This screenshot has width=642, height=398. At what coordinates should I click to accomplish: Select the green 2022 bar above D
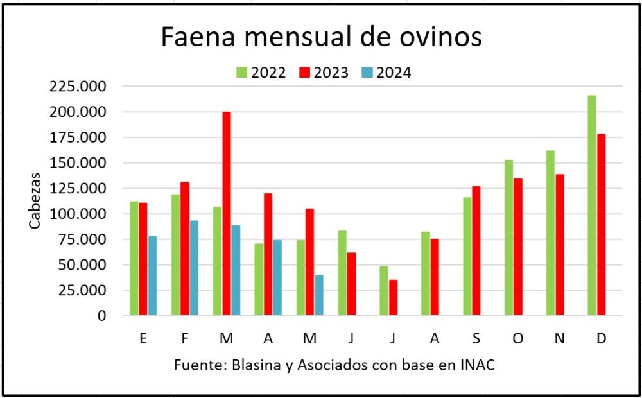click(x=592, y=205)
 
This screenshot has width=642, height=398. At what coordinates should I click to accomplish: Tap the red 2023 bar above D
click(x=601, y=225)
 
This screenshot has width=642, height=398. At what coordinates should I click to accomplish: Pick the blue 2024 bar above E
click(x=152, y=275)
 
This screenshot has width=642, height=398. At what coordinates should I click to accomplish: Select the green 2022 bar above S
click(x=467, y=256)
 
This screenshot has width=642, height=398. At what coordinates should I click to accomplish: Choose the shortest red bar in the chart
click(x=393, y=298)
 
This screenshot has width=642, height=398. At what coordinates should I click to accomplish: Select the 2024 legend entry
click(x=386, y=73)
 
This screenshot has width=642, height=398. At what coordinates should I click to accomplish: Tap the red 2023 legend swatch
click(x=304, y=73)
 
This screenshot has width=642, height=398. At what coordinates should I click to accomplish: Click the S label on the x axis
click(x=476, y=338)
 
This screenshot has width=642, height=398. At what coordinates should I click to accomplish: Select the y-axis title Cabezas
click(x=35, y=200)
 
